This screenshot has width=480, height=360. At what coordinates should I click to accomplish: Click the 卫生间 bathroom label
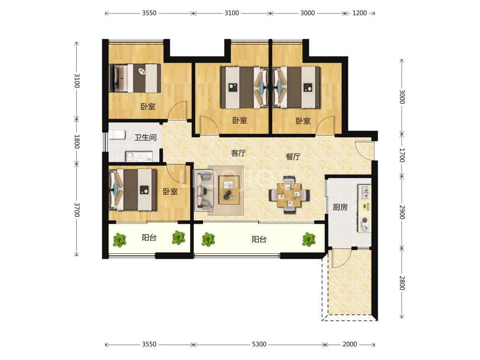tap(145, 137)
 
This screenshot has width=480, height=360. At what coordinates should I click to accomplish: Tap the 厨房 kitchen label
tap(340, 207)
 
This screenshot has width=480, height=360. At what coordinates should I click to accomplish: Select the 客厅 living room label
tap(239, 153)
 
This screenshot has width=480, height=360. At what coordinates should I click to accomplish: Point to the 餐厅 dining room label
tap(293, 156)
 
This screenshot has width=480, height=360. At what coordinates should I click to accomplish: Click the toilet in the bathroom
tap(117, 135)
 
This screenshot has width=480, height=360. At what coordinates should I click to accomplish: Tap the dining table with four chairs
tap(289, 195)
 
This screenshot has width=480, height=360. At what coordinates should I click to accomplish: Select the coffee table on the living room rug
tap(229, 190)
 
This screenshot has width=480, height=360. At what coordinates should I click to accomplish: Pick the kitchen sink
tap(365, 192)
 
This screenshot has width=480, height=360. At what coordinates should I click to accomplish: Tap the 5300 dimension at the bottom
tap(259, 344)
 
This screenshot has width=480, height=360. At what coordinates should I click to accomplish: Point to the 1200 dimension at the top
tap(360, 13)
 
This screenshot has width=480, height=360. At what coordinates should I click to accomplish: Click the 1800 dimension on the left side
tap(77, 142)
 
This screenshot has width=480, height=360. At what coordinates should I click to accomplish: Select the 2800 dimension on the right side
tap(402, 283)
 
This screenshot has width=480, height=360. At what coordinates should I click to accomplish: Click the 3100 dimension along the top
tap(232, 13)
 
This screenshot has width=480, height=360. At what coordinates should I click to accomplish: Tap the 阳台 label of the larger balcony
tap(259, 240)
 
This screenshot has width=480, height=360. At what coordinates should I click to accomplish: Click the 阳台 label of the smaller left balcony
tap(149, 238)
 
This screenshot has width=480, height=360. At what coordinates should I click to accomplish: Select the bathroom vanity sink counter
tap(139, 156)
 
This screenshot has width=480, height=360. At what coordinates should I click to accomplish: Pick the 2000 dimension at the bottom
tap(349, 344)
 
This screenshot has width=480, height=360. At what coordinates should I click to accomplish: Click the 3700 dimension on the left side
tap(77, 210)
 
